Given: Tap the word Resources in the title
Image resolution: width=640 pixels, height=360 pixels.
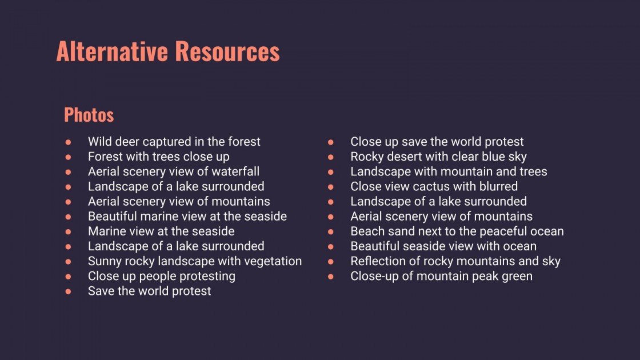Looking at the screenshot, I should point(227,51).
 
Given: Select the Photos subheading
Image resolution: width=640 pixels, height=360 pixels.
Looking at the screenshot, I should point(89,115).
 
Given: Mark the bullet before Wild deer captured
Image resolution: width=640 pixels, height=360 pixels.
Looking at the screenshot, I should point(68,142).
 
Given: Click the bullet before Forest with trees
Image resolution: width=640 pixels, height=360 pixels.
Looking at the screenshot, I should point(68,157).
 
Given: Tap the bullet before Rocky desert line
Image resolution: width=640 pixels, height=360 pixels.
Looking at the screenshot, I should point(331,157).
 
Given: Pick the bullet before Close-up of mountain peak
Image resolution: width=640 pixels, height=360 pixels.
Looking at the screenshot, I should point(331,277).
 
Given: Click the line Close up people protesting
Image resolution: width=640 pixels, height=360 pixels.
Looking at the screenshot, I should point(161,276).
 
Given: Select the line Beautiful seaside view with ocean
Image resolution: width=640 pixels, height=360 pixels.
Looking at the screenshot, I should point(443,246).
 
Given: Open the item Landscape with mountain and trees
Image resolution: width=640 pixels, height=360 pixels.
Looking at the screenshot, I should point(448,171).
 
